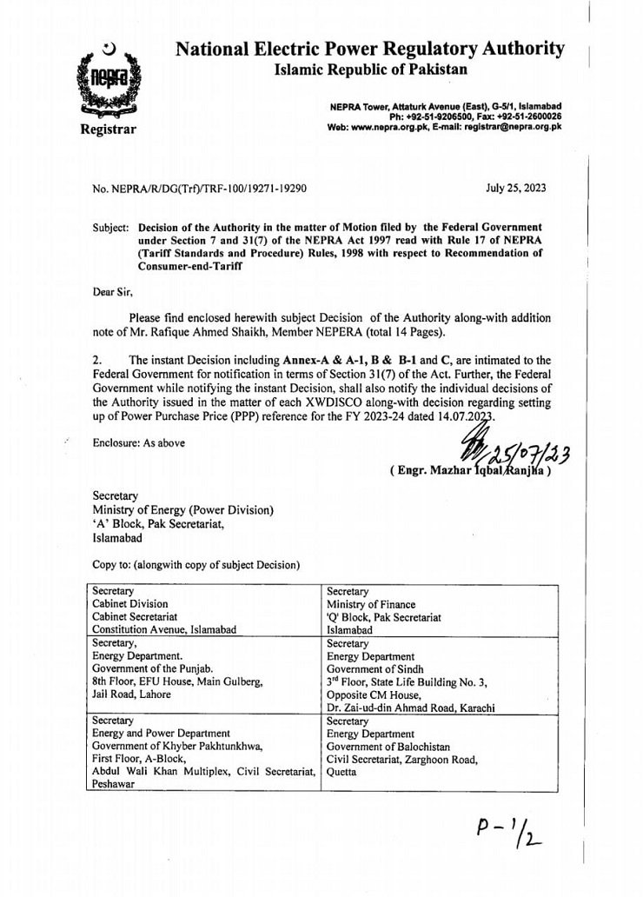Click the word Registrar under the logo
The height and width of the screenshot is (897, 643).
108,130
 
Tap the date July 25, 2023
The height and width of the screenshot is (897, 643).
517,188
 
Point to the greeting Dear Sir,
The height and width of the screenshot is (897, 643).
112,292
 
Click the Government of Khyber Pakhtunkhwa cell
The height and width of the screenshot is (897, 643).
206,753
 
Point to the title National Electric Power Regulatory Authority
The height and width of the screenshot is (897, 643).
369,50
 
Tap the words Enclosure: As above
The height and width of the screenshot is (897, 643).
139,442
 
